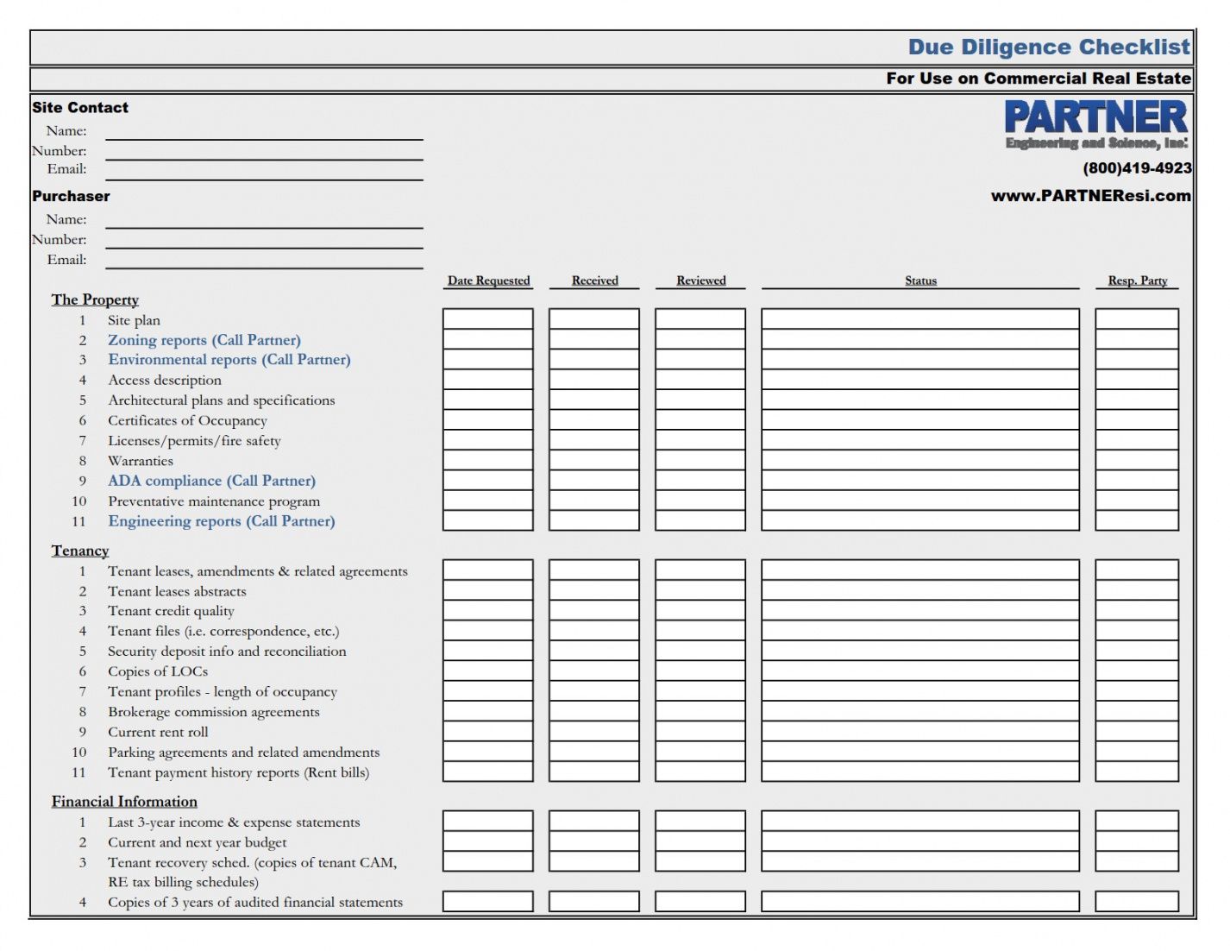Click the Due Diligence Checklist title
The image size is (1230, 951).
[1048, 47]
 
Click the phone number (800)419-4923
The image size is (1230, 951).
[1137, 168]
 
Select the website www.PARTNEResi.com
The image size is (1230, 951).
[1090, 196]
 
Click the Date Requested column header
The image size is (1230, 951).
[488, 280]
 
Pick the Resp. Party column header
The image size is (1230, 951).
[1137, 280]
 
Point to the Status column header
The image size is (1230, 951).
[920, 280]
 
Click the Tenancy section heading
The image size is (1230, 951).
[80, 551]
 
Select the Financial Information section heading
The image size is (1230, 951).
[124, 802]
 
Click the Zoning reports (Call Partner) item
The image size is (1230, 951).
[204, 340]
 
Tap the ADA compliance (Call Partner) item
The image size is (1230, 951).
[211, 481]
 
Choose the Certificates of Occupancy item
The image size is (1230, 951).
[187, 420]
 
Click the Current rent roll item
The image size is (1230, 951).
[158, 732]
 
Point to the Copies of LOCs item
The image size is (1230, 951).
[158, 671]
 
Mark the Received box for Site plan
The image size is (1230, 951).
[594, 319]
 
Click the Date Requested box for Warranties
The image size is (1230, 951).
[488, 461]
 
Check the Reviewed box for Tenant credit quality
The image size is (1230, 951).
[700, 611]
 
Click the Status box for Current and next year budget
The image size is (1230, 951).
[920, 841]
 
